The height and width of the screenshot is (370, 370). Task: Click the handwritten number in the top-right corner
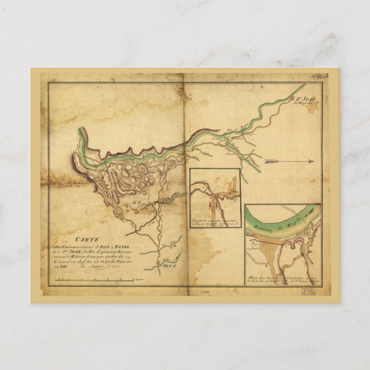tap(325, 74)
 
